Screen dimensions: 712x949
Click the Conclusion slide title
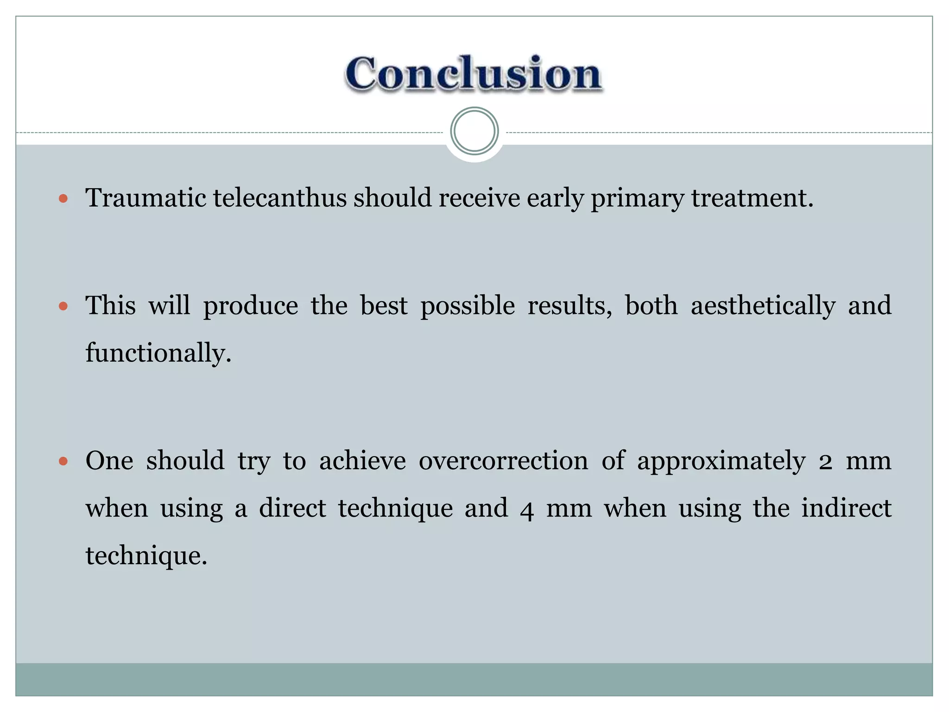pos(474,74)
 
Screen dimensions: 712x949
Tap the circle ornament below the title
pos(474,131)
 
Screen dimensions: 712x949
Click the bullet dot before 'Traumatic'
pos(63,199)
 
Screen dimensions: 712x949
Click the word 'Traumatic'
pos(146,198)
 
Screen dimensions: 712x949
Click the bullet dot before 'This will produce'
pos(63,307)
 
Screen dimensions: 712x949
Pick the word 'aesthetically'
pos(763,306)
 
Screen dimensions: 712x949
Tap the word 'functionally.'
pos(158,353)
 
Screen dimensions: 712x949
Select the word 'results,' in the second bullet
pos(569,306)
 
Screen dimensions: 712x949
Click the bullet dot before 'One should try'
pos(63,462)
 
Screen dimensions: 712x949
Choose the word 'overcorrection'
pos(503,461)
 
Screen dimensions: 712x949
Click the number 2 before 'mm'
pos(825,462)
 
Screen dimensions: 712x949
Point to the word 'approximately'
pos(721,462)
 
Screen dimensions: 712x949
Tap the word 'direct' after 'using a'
pos(292,508)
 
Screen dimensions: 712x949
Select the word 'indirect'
pos(846,508)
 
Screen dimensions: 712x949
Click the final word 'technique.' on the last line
pos(146,555)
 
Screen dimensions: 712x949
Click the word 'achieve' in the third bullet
pos(362,461)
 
